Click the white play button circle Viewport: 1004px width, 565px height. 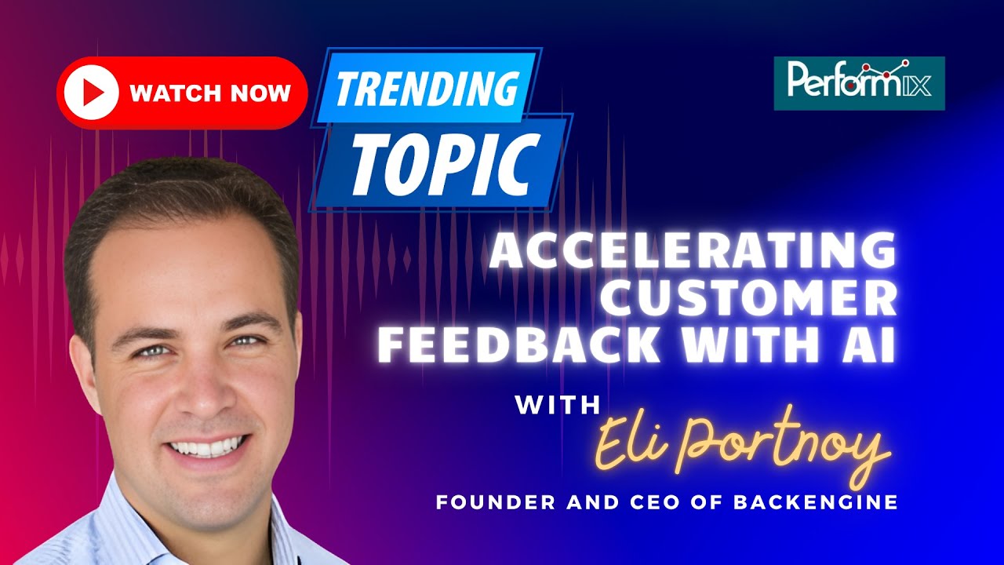(92, 93)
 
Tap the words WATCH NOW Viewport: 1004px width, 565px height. (210, 93)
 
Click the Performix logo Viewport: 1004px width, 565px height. (859, 83)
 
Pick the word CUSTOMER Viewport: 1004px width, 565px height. (753, 300)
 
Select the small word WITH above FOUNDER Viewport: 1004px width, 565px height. (558, 405)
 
